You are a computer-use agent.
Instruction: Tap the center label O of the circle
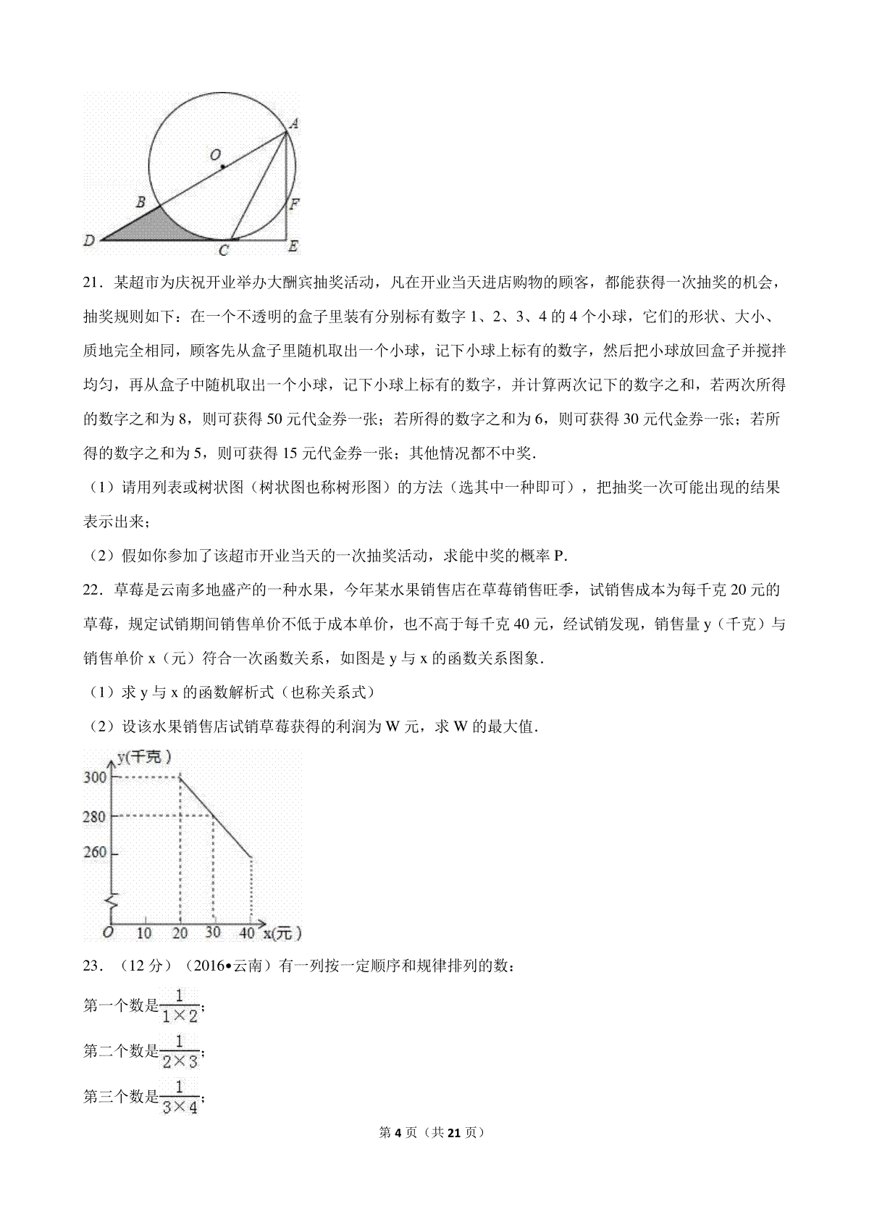click(214, 155)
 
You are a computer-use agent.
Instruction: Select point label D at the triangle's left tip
click(90, 240)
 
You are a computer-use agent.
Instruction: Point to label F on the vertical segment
click(295, 204)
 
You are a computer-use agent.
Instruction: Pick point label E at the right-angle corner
click(293, 247)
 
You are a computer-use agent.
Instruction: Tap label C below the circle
click(224, 251)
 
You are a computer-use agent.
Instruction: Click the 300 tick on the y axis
click(95, 777)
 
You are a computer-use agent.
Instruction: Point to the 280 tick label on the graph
click(95, 816)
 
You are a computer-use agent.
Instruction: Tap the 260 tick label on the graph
click(95, 853)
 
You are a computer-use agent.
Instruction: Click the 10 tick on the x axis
click(144, 933)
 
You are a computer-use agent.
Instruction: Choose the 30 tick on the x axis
click(212, 933)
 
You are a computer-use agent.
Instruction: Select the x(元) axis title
click(282, 934)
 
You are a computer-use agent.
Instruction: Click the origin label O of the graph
click(107, 933)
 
